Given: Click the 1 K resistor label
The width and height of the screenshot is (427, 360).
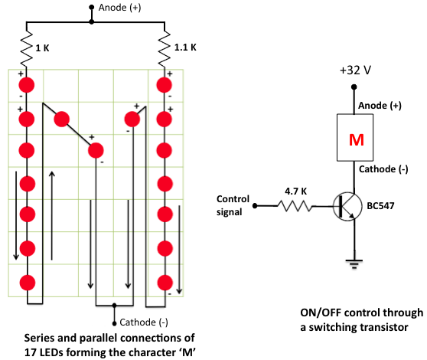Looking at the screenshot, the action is [x=42, y=48].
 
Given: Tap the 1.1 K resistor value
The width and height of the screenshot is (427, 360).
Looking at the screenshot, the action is [x=185, y=47].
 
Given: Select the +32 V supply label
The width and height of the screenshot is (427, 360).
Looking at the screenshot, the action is [x=355, y=70].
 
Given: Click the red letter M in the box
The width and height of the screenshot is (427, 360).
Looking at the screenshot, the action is [x=356, y=140].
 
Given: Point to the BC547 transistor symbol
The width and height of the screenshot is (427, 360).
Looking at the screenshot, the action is [x=347, y=207].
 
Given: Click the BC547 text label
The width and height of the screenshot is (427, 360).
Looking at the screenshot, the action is [x=380, y=206].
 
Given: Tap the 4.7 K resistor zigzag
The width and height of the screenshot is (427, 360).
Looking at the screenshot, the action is [x=295, y=206].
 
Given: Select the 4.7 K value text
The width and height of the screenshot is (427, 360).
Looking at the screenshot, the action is [x=295, y=191].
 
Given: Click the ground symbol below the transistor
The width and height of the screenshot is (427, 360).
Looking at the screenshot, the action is [x=354, y=264].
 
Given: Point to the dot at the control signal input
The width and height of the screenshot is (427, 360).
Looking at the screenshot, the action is [x=255, y=206].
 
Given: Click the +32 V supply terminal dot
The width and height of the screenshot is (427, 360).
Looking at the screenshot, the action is [x=354, y=87].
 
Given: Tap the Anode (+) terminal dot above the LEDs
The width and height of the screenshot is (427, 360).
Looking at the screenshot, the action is [x=92, y=8].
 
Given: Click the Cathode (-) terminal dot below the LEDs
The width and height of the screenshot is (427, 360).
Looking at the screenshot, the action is [x=114, y=323].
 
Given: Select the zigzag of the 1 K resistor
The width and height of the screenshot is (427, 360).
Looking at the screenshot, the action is [x=27, y=49].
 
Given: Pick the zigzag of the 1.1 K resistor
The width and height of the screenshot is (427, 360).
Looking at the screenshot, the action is [x=165, y=49].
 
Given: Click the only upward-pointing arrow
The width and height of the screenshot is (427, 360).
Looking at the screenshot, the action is [x=52, y=215].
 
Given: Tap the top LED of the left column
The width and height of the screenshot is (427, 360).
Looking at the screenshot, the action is [x=27, y=85].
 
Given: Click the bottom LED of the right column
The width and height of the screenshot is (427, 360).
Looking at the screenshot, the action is [x=165, y=283].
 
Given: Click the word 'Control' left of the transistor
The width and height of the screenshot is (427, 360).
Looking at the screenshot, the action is [x=233, y=199].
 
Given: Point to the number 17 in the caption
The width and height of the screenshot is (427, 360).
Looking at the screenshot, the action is [x=31, y=352].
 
